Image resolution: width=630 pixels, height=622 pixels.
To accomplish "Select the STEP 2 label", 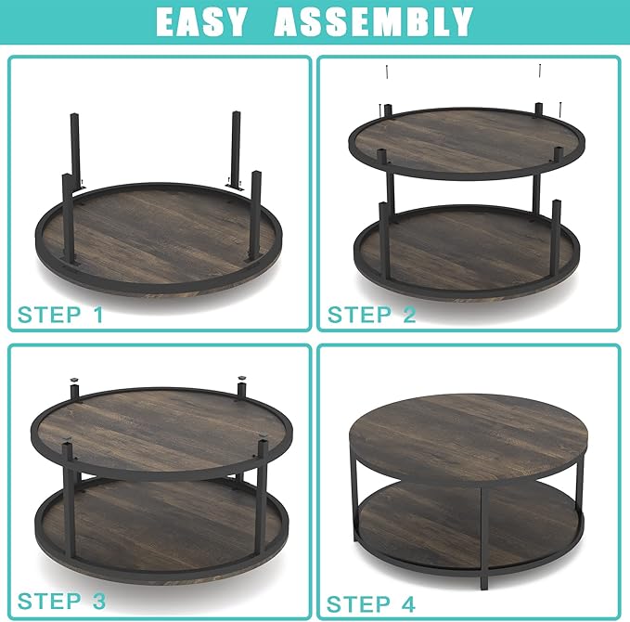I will (371, 314).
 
